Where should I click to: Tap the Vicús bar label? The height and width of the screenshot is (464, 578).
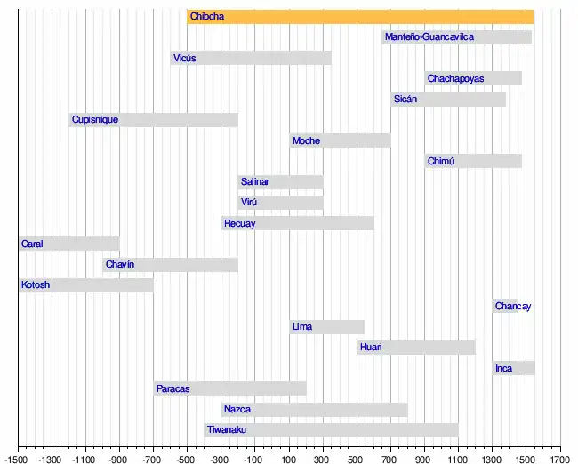click(184, 59)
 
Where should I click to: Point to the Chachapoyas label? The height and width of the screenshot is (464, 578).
click(455, 79)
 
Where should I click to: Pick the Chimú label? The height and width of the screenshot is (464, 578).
click(440, 162)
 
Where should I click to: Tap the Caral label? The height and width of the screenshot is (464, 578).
click(32, 244)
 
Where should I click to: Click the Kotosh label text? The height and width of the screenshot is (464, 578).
click(36, 285)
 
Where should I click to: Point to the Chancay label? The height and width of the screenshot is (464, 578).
click(513, 307)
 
